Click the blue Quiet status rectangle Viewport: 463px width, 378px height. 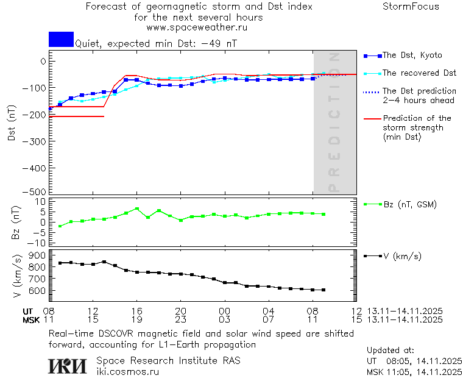click(x=61, y=39)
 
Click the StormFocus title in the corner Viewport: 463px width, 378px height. click(x=411, y=7)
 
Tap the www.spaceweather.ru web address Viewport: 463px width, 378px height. click(x=196, y=27)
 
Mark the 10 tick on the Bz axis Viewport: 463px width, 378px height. click(x=42, y=201)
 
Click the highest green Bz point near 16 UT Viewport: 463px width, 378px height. click(x=137, y=209)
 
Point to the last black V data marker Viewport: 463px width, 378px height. click(x=323, y=290)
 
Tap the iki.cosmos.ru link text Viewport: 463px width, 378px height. click(x=127, y=372)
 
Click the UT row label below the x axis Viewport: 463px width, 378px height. click(x=29, y=311)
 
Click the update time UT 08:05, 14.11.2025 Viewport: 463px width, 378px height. click(x=414, y=361)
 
